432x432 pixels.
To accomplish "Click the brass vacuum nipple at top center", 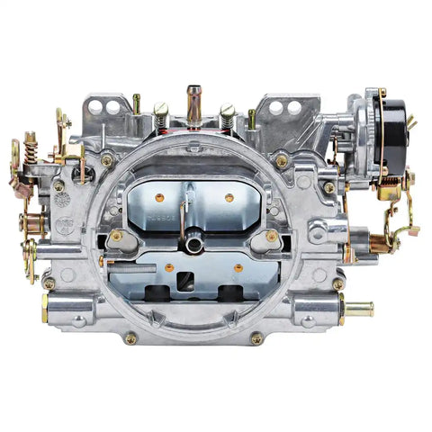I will click(x=193, y=101).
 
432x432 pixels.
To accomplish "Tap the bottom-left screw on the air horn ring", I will click(x=130, y=338).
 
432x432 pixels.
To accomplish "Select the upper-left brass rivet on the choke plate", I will click(x=159, y=197).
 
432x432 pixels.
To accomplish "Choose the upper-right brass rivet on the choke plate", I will click(x=229, y=197).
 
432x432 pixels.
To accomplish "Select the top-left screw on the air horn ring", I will click(x=107, y=160).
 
